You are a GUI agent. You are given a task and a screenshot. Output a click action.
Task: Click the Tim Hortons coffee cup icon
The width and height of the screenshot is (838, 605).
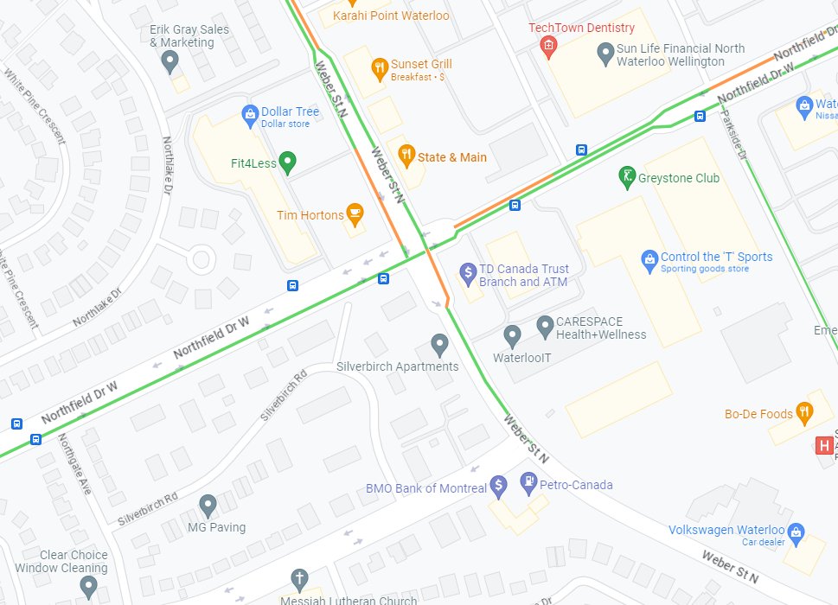[354, 213]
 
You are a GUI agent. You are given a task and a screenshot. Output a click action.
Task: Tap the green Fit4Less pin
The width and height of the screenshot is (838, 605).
[289, 162]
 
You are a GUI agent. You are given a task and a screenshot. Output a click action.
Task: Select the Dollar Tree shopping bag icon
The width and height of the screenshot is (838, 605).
[250, 112]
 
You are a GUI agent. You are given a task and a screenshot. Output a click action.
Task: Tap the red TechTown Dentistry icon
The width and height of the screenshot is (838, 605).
[547, 45]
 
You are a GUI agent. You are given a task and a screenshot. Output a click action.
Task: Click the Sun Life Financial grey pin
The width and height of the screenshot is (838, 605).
[606, 54]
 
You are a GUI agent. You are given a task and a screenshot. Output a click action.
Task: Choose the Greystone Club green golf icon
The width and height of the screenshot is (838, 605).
[628, 178]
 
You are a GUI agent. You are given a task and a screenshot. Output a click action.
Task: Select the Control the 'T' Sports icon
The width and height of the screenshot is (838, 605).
[649, 258]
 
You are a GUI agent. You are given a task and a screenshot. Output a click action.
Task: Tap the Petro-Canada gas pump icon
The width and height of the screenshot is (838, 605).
[528, 483]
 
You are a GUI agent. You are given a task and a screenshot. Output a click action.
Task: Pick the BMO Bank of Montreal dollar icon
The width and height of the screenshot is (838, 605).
[498, 487]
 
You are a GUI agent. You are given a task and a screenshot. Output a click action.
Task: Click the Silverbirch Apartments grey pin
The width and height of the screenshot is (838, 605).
[440, 345]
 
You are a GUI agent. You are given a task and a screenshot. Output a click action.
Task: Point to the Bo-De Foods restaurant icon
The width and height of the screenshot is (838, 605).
[804, 413]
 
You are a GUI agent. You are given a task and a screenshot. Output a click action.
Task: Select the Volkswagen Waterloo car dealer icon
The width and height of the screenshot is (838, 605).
[796, 531]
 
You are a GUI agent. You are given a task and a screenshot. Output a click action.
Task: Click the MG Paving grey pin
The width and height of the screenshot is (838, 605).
[208, 506]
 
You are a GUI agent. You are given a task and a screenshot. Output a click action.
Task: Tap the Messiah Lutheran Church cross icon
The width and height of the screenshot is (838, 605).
[299, 578]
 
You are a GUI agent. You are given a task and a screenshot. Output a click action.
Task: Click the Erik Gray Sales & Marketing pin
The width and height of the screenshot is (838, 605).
[170, 61]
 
